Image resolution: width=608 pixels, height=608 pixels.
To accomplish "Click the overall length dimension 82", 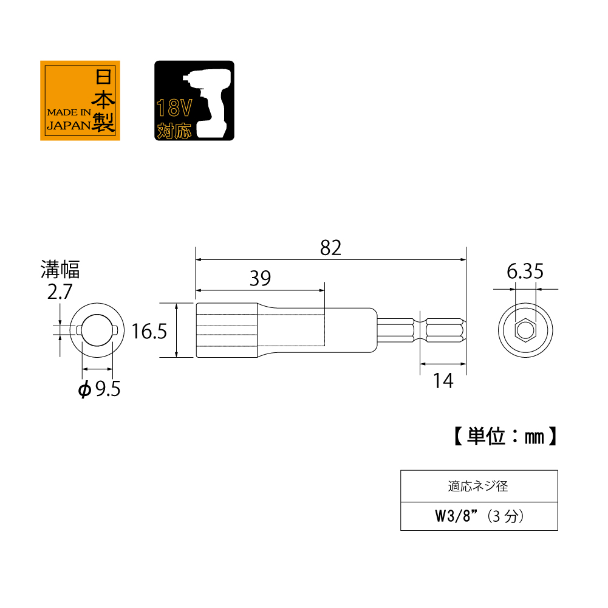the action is click(x=331, y=248).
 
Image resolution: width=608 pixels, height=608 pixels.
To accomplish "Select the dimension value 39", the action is click(x=260, y=278).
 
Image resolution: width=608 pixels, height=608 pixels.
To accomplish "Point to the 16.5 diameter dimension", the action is click(x=149, y=332).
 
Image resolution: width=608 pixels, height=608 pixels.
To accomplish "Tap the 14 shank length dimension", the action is click(x=443, y=381).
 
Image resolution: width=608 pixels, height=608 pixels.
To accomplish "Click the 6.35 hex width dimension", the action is click(x=525, y=272).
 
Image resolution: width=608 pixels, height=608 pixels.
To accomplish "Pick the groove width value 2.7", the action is click(x=60, y=292).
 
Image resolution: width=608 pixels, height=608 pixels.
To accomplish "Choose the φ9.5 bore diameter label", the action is click(x=99, y=389).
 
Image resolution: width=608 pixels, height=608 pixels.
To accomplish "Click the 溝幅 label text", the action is click(x=60, y=270).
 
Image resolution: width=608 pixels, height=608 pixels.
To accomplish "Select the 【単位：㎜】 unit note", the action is click(x=505, y=437).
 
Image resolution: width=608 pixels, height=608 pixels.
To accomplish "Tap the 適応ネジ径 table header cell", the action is click(x=479, y=487).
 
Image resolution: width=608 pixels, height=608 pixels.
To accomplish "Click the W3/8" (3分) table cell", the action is click(x=479, y=516).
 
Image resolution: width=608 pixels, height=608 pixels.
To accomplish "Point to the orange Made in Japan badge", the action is click(x=80, y=100).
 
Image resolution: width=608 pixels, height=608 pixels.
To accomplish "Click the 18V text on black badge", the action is click(x=174, y=108).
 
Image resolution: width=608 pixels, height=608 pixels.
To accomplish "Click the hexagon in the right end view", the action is click(x=525, y=330).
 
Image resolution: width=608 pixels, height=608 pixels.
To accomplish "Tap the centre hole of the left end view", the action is click(x=97, y=330).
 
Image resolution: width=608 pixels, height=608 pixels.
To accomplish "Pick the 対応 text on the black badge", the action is click(x=174, y=131).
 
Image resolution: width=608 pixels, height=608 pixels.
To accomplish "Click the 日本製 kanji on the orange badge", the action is click(x=103, y=100).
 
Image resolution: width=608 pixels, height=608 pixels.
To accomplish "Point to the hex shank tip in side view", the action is click(x=445, y=330).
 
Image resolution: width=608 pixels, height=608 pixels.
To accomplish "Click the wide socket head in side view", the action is click(x=227, y=330).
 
